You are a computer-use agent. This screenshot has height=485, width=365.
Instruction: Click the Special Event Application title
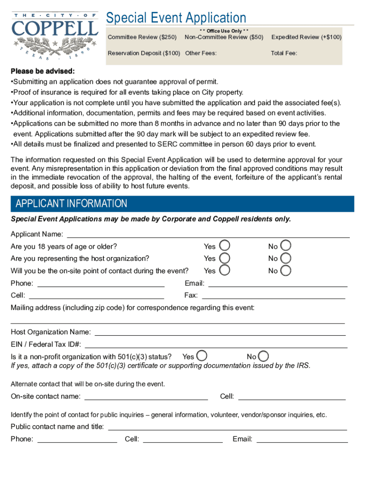click(176, 18)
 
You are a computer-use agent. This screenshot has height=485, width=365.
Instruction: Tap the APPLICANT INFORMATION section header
click(72, 204)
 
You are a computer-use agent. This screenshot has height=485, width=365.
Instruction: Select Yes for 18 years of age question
click(226, 246)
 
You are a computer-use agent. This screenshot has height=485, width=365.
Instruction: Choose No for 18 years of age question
click(286, 246)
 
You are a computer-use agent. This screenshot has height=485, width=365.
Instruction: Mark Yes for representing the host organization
click(226, 258)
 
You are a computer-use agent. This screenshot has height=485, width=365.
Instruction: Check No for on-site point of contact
click(286, 270)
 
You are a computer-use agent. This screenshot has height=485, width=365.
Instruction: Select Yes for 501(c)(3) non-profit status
click(202, 356)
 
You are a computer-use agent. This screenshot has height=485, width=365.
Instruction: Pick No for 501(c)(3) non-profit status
click(264, 356)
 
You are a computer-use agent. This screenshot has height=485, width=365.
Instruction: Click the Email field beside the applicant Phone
click(278, 284)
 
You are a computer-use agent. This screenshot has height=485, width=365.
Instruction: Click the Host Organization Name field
click(220, 332)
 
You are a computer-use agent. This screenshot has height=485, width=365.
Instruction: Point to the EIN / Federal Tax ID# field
click(215, 345)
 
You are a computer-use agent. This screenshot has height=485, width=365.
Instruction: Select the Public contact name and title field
click(228, 427)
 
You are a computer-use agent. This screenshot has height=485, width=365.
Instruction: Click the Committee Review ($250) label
click(142, 37)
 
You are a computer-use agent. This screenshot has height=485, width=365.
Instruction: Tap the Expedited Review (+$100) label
click(306, 37)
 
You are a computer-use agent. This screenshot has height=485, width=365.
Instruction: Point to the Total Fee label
click(284, 53)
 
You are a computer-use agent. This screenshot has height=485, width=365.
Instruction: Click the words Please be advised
click(43, 72)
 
